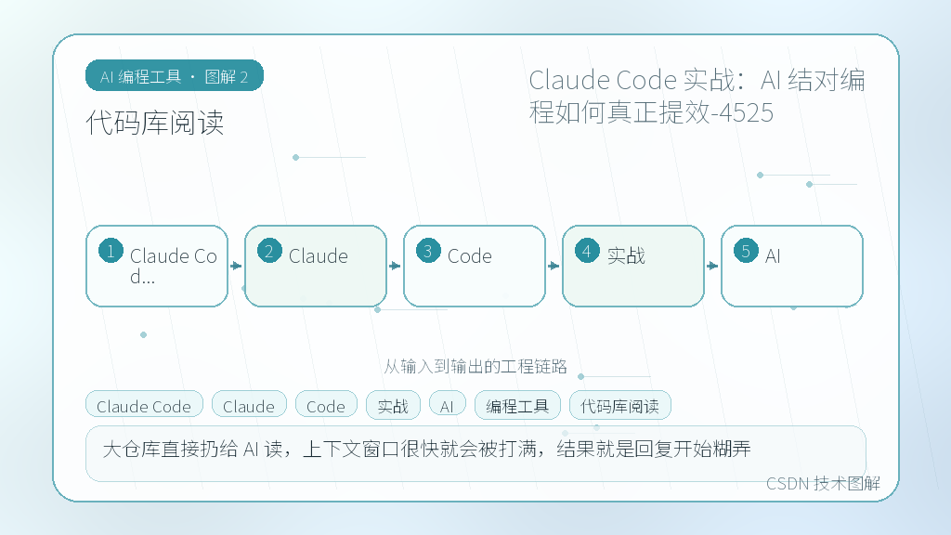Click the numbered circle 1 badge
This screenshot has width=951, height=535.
pyautogui.click(x=111, y=251)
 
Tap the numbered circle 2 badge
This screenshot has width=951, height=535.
pyautogui.click(x=269, y=251)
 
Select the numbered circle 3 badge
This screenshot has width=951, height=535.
pyautogui.click(x=428, y=251)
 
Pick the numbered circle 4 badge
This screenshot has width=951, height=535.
pyautogui.click(x=587, y=251)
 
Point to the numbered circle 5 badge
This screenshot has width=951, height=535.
pyautogui.click(x=746, y=251)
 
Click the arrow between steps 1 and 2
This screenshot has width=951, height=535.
pyautogui.click(x=236, y=266)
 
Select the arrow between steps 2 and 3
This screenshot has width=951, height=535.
pyautogui.click(x=395, y=266)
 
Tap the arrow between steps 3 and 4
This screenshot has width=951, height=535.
pyautogui.click(x=554, y=266)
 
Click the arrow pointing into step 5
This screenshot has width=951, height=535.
pyautogui.click(x=712, y=266)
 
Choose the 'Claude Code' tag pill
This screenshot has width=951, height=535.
pyautogui.click(x=144, y=405)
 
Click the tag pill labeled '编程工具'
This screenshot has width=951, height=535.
pyautogui.click(x=517, y=405)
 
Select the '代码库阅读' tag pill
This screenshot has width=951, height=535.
pyautogui.click(x=619, y=405)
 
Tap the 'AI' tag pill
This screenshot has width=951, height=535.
pyautogui.click(x=447, y=405)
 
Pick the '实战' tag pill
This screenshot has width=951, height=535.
pyautogui.click(x=393, y=405)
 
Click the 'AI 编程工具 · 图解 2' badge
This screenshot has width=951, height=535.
pyautogui.click(x=175, y=76)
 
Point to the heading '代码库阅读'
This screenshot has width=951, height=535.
pyautogui.click(x=155, y=123)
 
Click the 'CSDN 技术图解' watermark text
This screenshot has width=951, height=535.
pyautogui.click(x=823, y=483)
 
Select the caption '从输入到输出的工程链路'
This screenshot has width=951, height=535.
pyautogui.click(x=475, y=366)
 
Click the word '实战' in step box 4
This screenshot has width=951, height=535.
pyautogui.click(x=626, y=256)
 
